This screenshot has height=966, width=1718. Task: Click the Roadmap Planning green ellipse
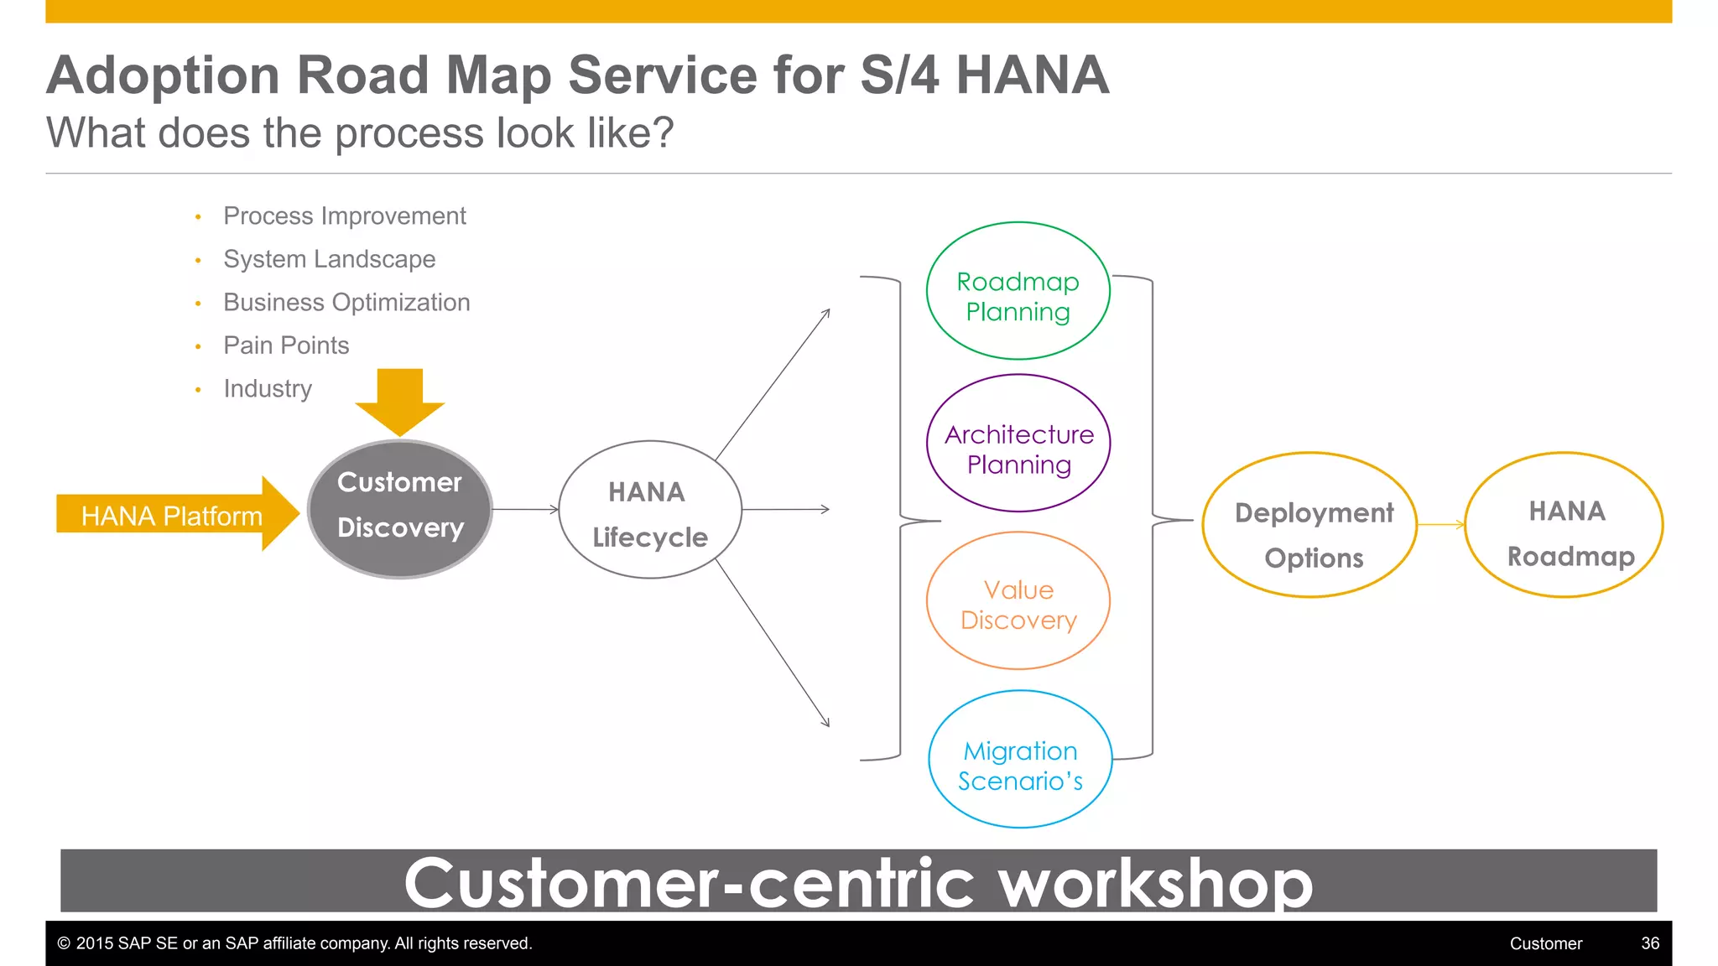[x=1018, y=291]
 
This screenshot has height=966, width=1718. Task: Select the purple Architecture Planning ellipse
[x=1018, y=443]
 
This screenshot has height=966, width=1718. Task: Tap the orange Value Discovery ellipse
[x=1018, y=600]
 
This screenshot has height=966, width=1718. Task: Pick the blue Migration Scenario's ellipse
[x=1019, y=760]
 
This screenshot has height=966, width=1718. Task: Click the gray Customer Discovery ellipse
[x=399, y=509]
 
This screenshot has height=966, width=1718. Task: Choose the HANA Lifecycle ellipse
[x=649, y=510]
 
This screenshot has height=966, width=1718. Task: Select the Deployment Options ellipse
[x=1309, y=525]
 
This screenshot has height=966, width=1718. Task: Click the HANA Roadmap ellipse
[x=1564, y=525]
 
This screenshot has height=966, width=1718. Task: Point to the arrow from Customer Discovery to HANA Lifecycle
[x=525, y=509]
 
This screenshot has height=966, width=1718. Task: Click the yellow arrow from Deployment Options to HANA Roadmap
[x=1440, y=525]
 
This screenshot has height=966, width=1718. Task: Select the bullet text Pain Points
[x=286, y=345]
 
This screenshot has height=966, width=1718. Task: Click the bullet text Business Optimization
[x=346, y=303]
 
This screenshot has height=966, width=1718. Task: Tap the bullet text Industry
[x=268, y=389]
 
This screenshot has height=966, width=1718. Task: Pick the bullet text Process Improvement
[x=344, y=216]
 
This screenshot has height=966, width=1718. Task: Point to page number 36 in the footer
[x=1649, y=943]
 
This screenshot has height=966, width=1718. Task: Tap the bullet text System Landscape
[x=329, y=259]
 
